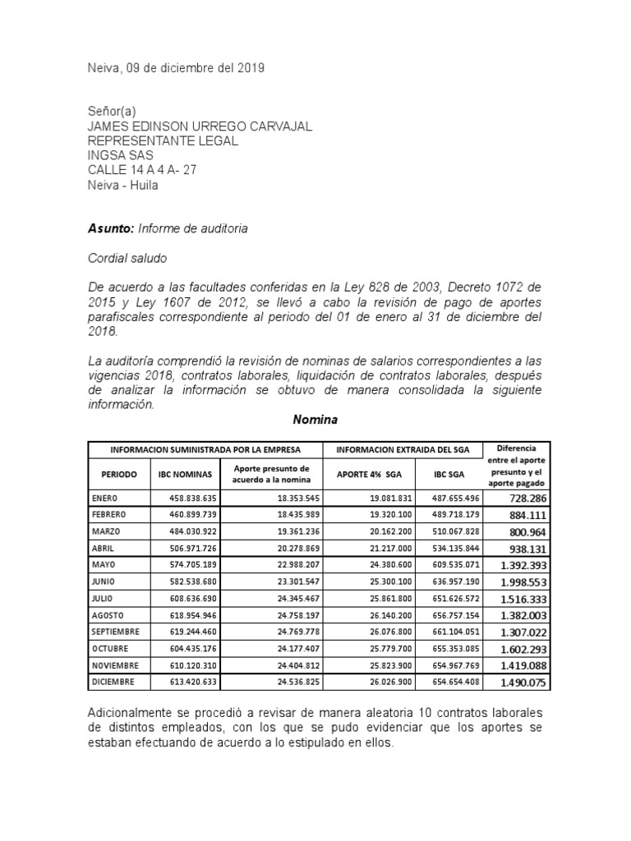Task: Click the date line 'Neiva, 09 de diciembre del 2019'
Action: [x=176, y=69]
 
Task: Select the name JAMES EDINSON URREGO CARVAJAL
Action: [x=200, y=126]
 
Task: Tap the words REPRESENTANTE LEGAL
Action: [x=163, y=140]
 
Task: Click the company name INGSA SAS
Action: [x=120, y=155]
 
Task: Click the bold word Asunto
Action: [x=110, y=228]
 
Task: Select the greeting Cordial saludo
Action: [x=127, y=258]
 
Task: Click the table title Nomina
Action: [x=316, y=420]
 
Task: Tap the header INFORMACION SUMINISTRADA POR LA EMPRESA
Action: [x=206, y=450]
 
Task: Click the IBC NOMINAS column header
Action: [x=185, y=475]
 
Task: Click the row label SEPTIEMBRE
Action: [x=116, y=632]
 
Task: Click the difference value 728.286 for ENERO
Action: [x=527, y=499]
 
